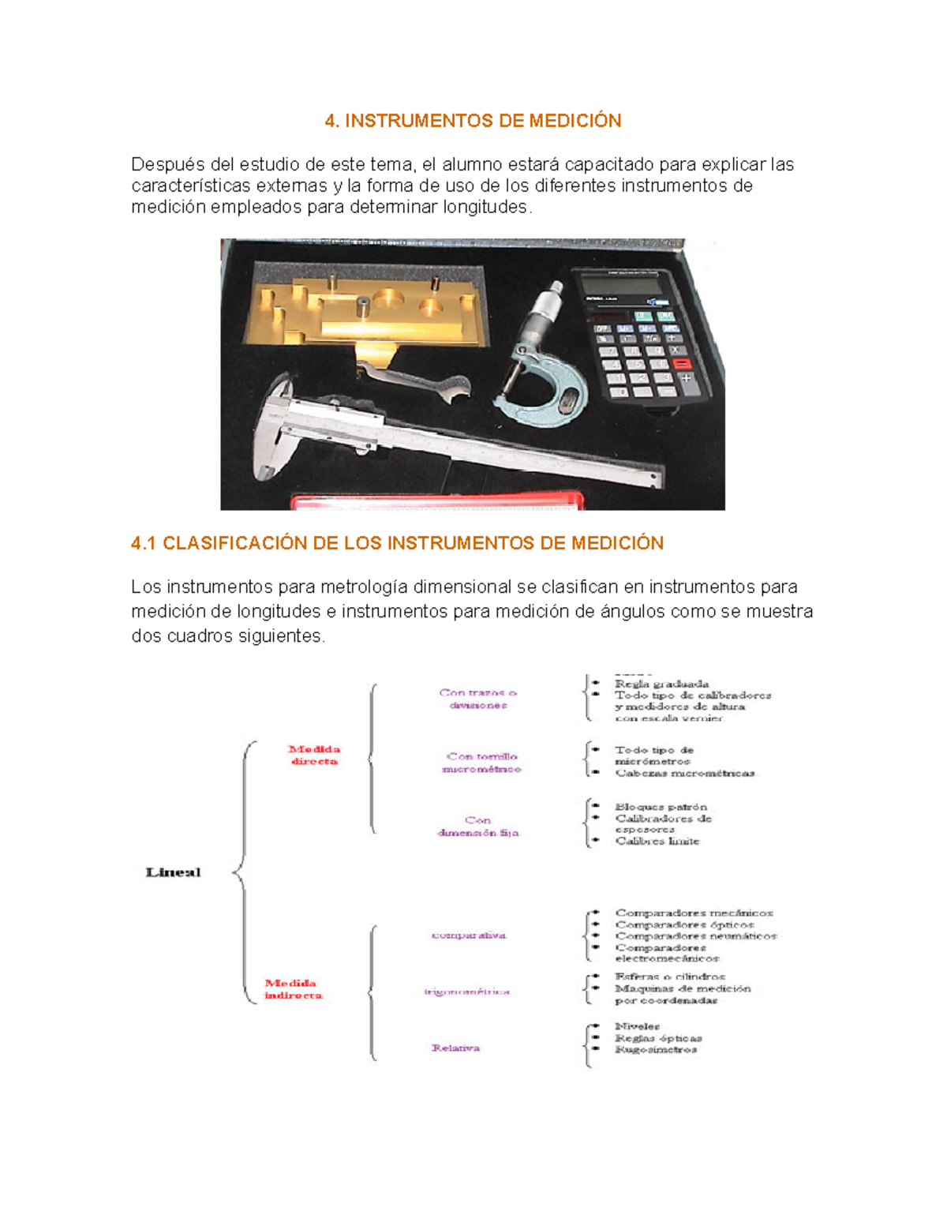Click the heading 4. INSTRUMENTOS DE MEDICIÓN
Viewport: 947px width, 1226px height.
point(473,121)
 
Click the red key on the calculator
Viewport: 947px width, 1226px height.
point(680,363)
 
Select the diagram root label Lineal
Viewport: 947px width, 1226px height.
point(173,872)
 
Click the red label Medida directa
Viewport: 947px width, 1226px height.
point(313,755)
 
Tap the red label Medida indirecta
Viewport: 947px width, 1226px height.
point(293,989)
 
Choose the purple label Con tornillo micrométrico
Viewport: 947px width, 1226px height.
point(481,763)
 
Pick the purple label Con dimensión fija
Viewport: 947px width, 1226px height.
point(478,827)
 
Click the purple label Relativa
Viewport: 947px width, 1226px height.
point(455,1048)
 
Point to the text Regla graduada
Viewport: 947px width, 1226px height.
point(661,684)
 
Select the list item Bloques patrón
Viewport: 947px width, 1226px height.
point(661,807)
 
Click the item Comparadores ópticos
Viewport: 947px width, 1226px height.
point(684,924)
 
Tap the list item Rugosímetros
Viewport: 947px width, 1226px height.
point(656,1050)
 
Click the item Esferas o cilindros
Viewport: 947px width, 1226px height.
point(669,977)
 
